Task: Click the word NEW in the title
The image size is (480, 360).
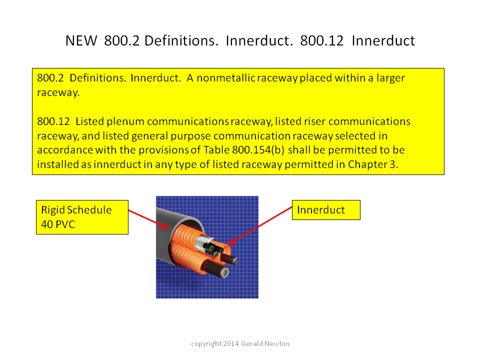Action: tap(81, 40)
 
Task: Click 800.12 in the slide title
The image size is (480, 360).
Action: tap(321, 40)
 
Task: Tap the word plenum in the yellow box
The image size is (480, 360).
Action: tap(125, 122)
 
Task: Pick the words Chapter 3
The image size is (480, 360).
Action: tap(373, 164)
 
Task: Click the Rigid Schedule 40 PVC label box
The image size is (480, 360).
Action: tap(82, 217)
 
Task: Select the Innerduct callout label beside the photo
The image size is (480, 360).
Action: tap(326, 210)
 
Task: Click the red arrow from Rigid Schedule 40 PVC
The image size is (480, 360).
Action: tap(148, 219)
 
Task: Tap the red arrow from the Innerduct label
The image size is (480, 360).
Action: tap(260, 225)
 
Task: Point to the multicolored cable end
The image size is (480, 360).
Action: tap(224, 272)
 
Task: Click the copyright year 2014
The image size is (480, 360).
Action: tap(231, 344)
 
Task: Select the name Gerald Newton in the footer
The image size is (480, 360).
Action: tap(265, 344)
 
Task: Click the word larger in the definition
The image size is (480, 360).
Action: tap(390, 78)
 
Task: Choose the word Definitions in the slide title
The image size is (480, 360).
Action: tap(181, 40)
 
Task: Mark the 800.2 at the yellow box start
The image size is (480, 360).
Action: tap(50, 78)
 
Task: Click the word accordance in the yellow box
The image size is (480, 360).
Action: tap(65, 150)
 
